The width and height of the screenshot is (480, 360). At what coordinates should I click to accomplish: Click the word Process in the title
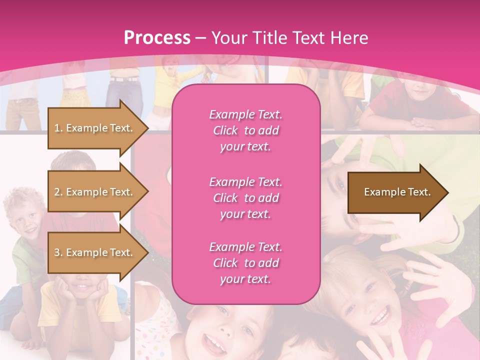pos(157,38)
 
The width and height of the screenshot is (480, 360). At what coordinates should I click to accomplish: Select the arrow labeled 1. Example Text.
pos(95,128)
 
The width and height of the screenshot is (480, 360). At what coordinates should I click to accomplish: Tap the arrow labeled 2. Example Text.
pos(95,192)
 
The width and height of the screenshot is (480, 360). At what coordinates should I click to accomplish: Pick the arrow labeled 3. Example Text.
pos(95,252)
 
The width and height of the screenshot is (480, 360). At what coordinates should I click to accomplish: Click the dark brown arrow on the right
pos(395,192)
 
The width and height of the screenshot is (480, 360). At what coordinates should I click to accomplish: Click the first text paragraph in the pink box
pos(245,130)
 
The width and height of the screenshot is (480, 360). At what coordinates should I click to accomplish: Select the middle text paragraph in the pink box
pos(245,198)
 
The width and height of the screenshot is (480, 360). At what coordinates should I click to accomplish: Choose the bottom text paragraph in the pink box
pos(245,263)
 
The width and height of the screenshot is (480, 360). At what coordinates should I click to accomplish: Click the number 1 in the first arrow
pos(57,128)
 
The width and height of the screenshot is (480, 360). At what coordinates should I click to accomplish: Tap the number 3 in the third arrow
pos(57,252)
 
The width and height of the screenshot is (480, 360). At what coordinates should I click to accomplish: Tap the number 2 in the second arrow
pos(57,192)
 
